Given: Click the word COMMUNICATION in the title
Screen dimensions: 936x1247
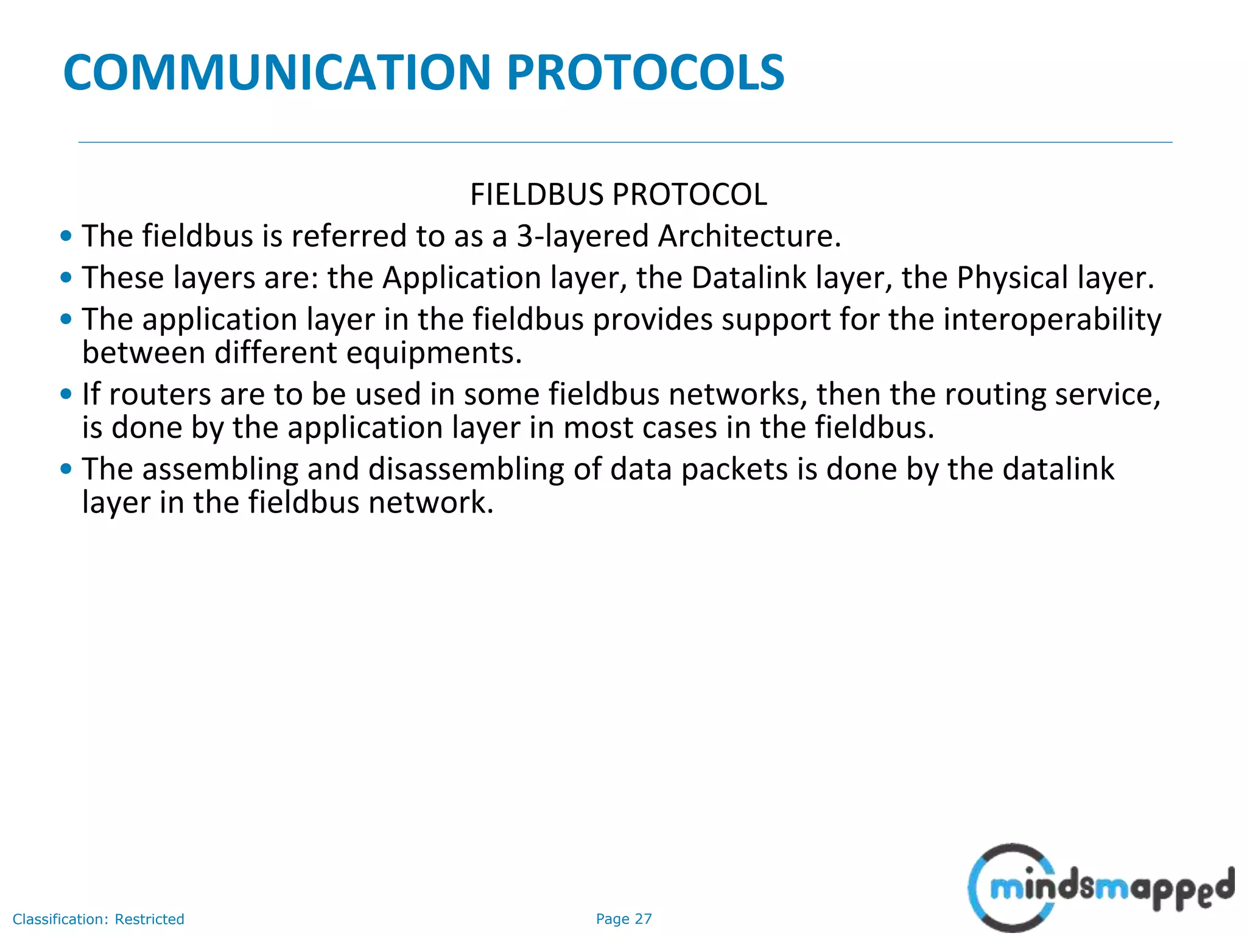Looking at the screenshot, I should point(277,73).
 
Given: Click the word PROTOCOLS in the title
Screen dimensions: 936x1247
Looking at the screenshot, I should point(645,73).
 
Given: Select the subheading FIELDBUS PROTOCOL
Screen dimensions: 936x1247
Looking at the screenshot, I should point(618,195).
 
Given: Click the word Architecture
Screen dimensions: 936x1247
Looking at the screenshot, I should point(750,236).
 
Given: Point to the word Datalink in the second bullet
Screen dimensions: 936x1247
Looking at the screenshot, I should point(749,278).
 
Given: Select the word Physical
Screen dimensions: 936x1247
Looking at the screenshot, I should point(1013,278).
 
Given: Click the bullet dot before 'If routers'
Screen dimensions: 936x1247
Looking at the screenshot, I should point(66,394).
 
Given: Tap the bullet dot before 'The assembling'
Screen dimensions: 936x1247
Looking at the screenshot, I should point(66,469).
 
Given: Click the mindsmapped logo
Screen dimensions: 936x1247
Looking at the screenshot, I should point(1100,888).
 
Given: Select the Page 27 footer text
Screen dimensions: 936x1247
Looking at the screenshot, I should point(623,919).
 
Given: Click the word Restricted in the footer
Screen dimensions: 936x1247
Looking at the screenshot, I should point(149,919).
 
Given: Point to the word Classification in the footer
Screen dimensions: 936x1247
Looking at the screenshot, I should point(60,919).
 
